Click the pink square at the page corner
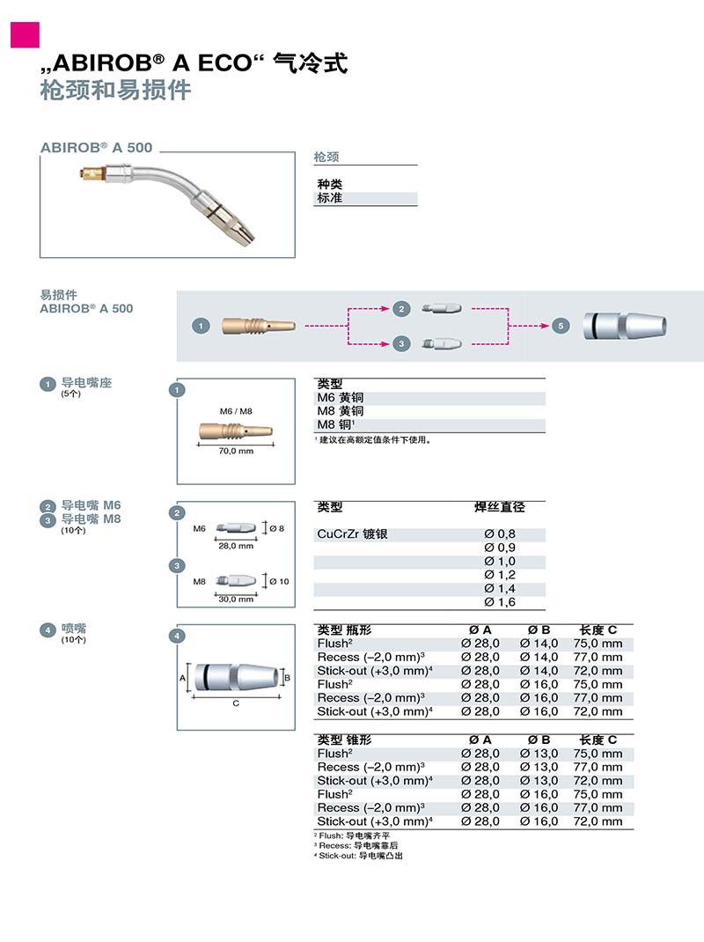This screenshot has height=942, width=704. [x=26, y=33]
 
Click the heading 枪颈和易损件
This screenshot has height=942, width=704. [x=115, y=90]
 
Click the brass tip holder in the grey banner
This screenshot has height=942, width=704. [x=255, y=326]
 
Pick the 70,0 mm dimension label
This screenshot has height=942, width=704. [x=235, y=451]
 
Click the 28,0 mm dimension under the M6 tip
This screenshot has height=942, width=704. [x=235, y=546]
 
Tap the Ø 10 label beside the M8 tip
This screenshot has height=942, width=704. [x=278, y=581]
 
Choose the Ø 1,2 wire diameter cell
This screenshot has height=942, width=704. [x=500, y=575]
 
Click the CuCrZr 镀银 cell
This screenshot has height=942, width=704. [x=353, y=534]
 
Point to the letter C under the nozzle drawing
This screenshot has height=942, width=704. [x=236, y=703]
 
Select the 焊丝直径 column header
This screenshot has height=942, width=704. [x=499, y=507]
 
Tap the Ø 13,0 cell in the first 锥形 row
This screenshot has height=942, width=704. [x=539, y=754]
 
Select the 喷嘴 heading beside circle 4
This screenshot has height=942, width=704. [x=74, y=629]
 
